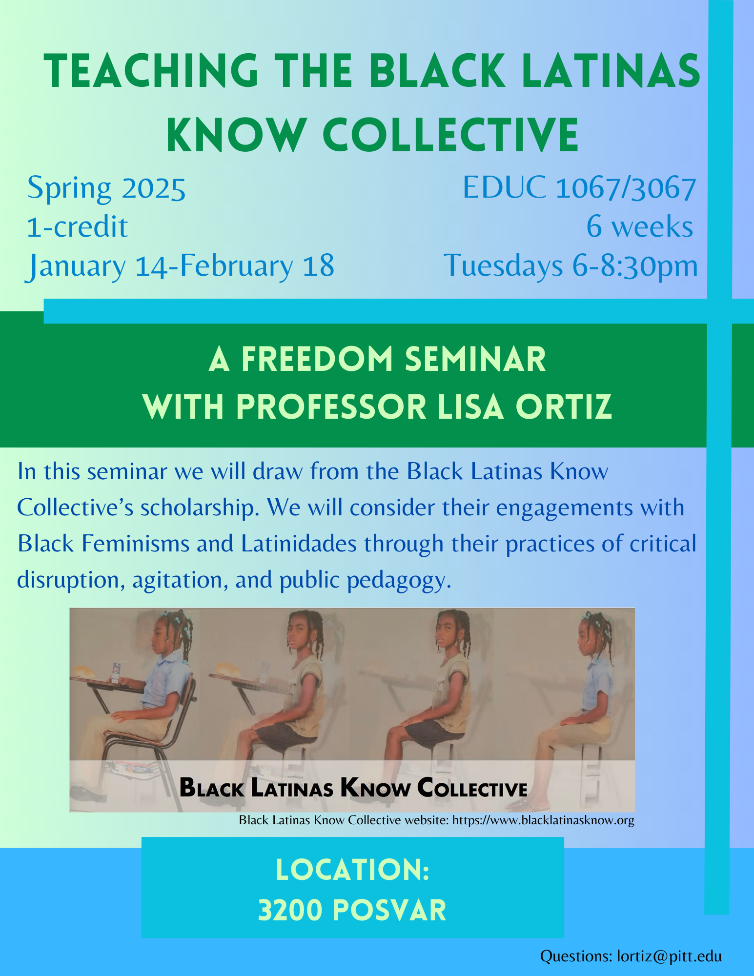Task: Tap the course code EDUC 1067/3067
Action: click(x=579, y=187)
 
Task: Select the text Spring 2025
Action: click(x=106, y=188)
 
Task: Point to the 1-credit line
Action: click(x=77, y=227)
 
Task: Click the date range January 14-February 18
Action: click(x=181, y=266)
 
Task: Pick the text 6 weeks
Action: click(x=639, y=227)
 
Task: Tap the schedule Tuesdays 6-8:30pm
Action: click(x=571, y=266)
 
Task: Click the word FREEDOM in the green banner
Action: click(x=317, y=359)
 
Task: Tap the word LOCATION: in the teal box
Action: click(x=352, y=870)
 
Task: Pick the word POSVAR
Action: click(x=391, y=911)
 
